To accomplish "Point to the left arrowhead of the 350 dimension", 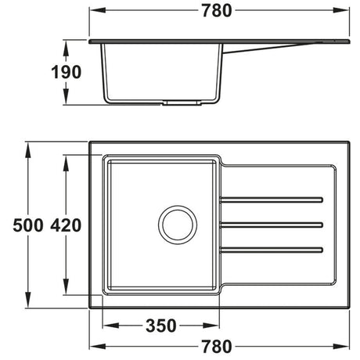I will click(106, 323).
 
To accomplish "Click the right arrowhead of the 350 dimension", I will click(218, 323).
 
